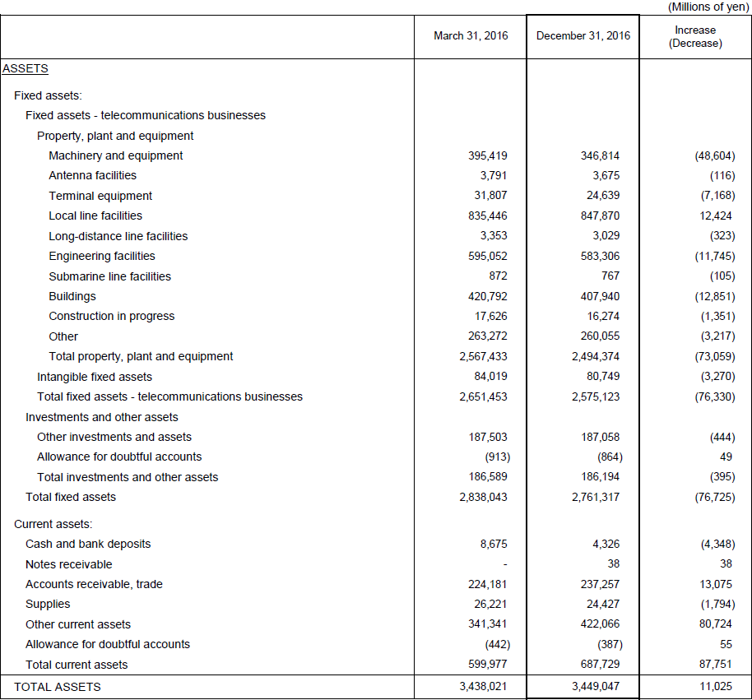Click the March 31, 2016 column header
click(x=471, y=36)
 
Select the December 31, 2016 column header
click(x=583, y=36)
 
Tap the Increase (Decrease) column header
click(x=695, y=36)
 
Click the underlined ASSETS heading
click(x=26, y=68)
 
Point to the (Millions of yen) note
click(x=708, y=7)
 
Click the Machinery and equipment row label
click(x=115, y=155)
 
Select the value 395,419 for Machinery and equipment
click(x=488, y=155)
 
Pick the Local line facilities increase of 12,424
click(x=716, y=216)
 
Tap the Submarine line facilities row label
click(x=109, y=276)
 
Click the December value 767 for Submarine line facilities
click(x=610, y=276)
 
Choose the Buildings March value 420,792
click(x=488, y=296)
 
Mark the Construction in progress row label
click(x=112, y=317)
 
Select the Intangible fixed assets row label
click(x=95, y=377)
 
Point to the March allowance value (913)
click(x=497, y=457)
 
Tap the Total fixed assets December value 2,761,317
click(x=595, y=497)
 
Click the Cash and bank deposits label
click(x=88, y=545)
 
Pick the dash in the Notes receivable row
click(x=504, y=565)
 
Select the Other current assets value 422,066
click(x=600, y=624)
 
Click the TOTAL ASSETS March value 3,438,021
click(x=483, y=687)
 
